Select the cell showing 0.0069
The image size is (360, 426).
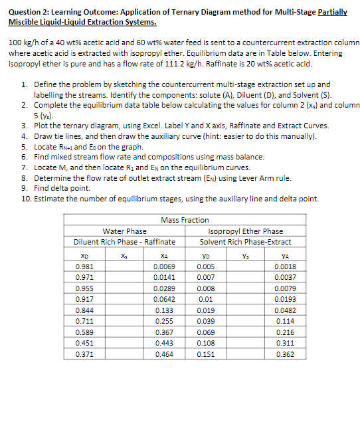click(x=163, y=266)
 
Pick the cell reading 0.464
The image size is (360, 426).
click(x=163, y=354)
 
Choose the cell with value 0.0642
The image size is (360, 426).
click(x=163, y=299)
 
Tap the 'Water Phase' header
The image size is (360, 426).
click(x=125, y=231)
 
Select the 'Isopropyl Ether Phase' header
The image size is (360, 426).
click(x=246, y=231)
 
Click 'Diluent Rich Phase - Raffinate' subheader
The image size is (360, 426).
click(x=125, y=241)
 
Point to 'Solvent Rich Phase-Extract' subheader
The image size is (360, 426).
click(x=246, y=241)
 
